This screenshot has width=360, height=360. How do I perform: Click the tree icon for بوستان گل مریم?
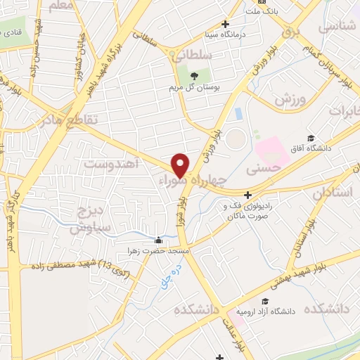(x=193, y=76)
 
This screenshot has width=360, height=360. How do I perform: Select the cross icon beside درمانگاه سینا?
(x=225, y=24)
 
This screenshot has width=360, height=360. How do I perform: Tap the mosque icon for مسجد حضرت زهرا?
(x=159, y=240)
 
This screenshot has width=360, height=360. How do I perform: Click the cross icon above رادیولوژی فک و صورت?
(x=247, y=195)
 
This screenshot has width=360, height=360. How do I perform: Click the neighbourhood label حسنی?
(x=264, y=169)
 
